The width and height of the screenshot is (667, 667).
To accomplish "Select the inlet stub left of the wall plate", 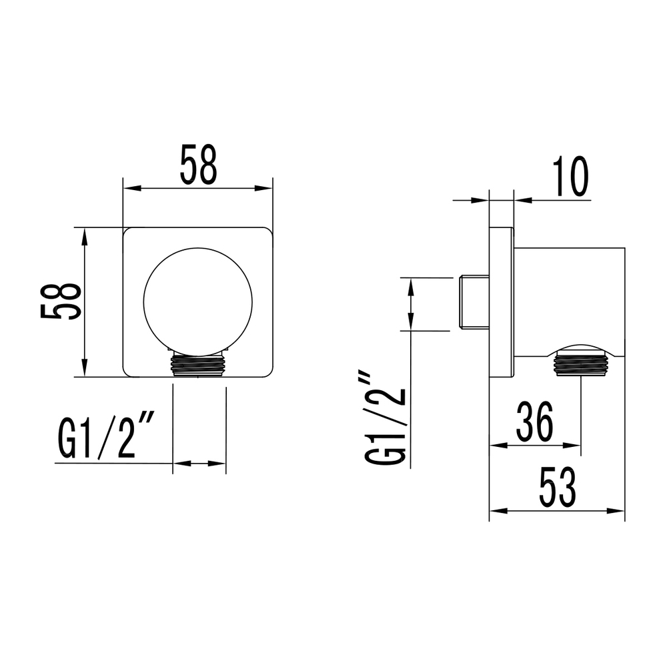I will [x=474, y=302].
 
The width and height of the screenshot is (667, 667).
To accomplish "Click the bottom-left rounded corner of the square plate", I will [x=129, y=372].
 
